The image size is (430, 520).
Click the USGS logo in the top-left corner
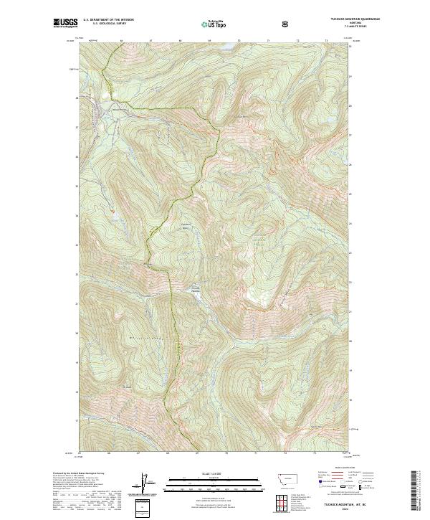65,24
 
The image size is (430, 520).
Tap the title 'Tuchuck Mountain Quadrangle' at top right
327,20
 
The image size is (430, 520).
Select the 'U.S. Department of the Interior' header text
108,20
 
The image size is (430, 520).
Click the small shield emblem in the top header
287,24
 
